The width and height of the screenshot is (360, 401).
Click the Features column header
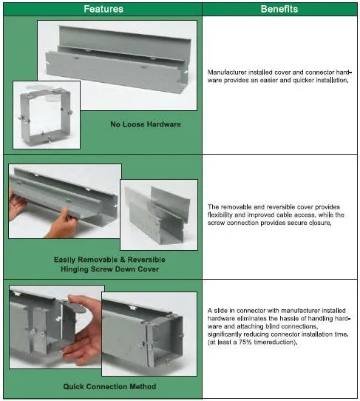pos(103,9)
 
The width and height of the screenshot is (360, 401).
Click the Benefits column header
pos(279,9)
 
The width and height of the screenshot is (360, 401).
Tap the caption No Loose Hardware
pos(146,124)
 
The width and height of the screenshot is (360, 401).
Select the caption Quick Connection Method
pos(109,386)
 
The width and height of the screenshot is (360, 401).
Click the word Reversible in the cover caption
pos(146,260)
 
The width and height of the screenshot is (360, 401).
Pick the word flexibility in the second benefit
pos(220,215)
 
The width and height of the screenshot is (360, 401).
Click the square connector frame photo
pos(47,115)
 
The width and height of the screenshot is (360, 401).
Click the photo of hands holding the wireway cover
pos(65,201)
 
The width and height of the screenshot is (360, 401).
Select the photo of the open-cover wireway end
pos(159,215)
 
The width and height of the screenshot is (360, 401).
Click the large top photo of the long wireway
pos(118,65)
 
